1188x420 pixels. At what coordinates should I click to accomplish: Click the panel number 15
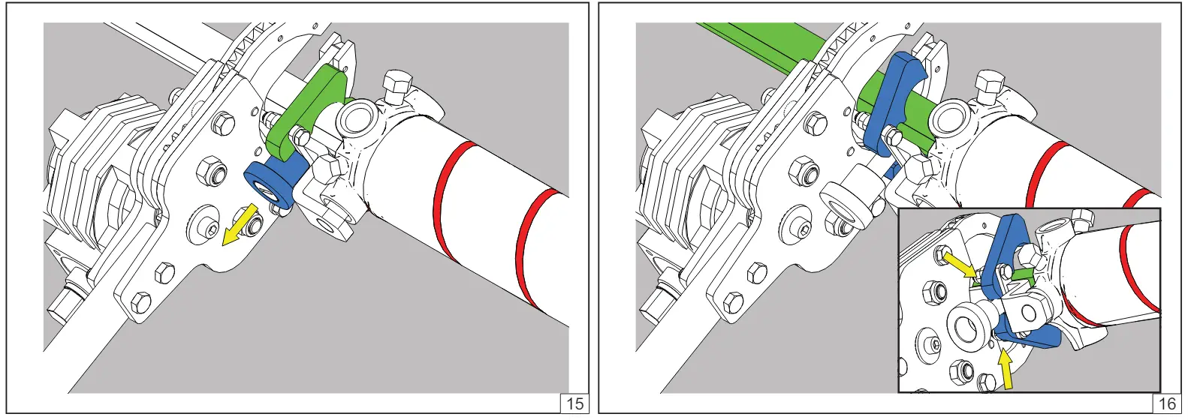click(575, 404)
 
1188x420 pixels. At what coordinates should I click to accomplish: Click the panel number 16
click(1167, 404)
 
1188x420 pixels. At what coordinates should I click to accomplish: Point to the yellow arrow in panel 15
click(240, 225)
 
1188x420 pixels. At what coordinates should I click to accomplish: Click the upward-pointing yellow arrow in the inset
click(1006, 370)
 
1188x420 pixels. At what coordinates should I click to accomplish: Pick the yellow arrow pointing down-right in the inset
click(960, 265)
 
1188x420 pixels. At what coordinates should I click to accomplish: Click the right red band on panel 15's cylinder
click(535, 249)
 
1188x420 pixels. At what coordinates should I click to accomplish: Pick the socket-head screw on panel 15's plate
click(210, 229)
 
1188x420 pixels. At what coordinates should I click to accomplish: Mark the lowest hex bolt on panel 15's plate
click(140, 303)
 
